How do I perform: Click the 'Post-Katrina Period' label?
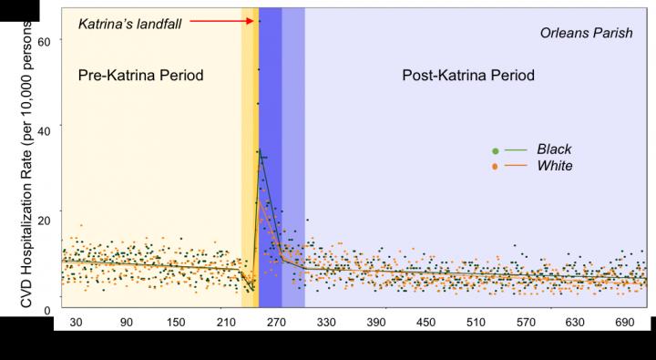468,74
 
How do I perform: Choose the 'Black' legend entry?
553,149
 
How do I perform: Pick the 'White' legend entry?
553,166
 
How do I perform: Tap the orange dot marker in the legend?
495,167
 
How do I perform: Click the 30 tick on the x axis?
76,323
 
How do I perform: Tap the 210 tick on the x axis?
227,323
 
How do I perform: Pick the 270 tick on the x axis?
277,323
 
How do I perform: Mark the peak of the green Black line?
260,151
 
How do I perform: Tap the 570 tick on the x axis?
528,323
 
